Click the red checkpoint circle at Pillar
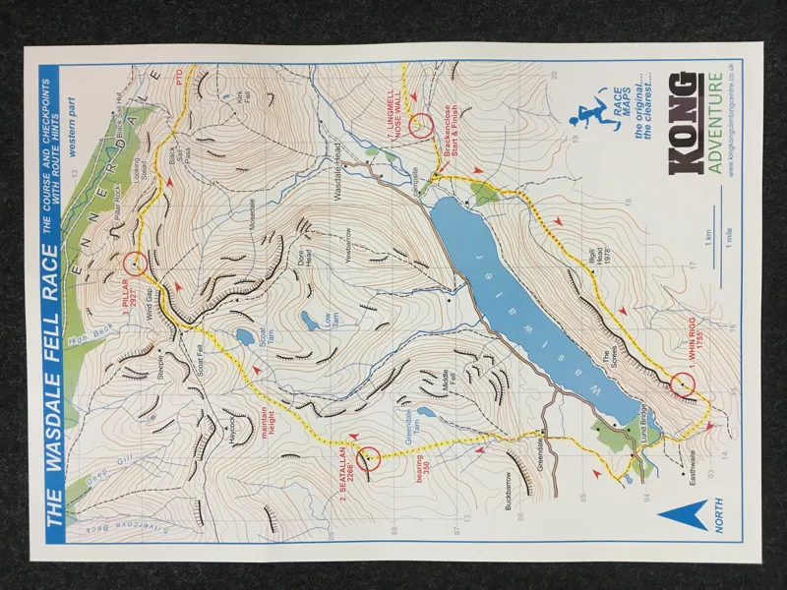point(136,263)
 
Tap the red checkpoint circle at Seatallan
point(369,458)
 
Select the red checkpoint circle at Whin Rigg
point(684,383)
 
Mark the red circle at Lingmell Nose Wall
point(421,124)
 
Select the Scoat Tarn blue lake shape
point(243,338)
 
